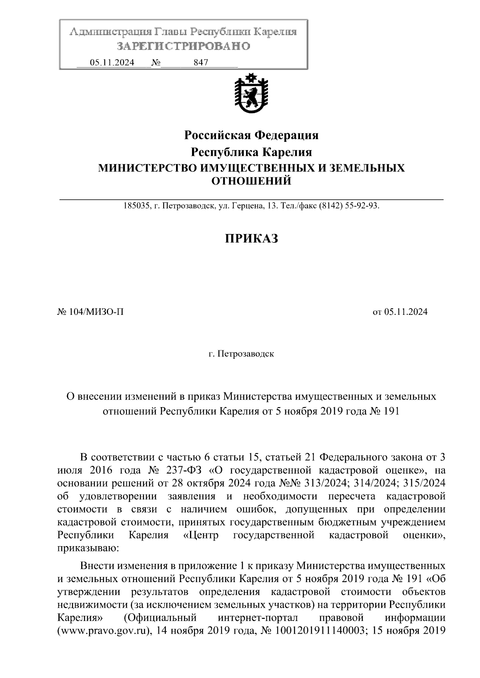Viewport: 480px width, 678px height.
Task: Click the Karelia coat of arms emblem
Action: click(251, 93)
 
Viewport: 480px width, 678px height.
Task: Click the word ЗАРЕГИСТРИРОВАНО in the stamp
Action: click(183, 46)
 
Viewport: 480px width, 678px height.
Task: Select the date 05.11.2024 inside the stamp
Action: click(112, 63)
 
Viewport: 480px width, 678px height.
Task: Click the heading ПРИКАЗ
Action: click(251, 239)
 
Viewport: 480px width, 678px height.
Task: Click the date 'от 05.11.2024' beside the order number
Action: click(400, 312)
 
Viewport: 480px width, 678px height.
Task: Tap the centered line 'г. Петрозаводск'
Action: click(241, 354)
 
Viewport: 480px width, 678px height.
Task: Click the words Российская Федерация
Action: click(251, 135)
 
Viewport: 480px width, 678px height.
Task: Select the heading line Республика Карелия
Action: click(251, 152)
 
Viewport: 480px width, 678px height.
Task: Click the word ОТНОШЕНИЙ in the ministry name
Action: click(251, 181)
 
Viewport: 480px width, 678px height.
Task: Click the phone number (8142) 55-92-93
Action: click(349, 207)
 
